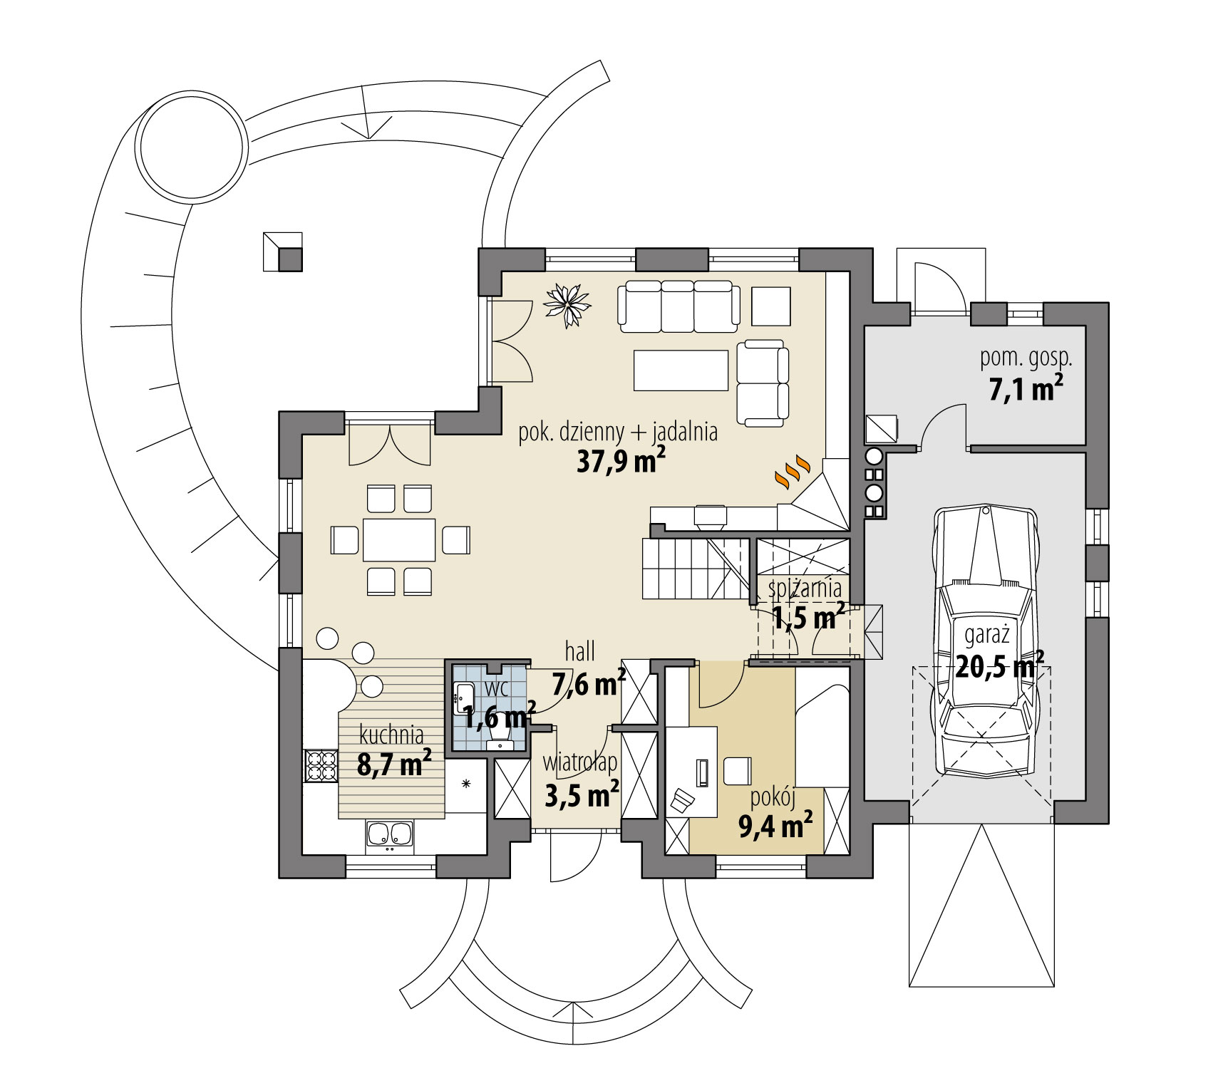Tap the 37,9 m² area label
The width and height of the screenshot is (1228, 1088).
621,462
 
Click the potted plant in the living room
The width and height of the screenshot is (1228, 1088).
568,306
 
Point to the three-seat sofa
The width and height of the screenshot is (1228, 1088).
676,306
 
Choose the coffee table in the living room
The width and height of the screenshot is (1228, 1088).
681,370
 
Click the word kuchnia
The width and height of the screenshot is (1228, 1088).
391,733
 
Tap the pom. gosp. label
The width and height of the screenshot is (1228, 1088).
1026,358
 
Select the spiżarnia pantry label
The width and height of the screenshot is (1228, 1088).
805,589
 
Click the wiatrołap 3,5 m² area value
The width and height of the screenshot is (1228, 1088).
581,794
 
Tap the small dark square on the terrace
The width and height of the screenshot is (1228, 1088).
290,259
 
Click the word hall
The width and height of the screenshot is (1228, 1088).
579,650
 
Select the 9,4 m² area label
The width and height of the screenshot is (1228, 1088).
776,827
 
